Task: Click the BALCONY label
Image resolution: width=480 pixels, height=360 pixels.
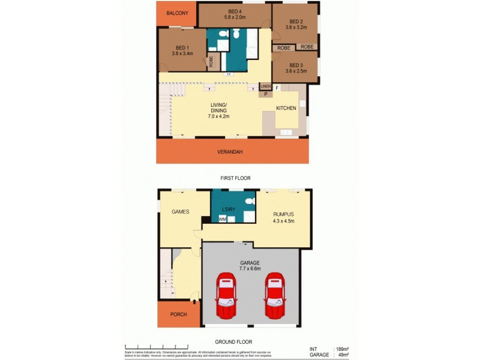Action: [x=177, y=13]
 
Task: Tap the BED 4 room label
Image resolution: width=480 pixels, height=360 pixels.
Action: [x=235, y=11]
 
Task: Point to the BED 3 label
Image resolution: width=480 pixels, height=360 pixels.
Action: [x=295, y=65]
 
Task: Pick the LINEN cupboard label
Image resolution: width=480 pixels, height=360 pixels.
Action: [x=265, y=87]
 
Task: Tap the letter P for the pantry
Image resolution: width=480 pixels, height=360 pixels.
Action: [x=265, y=94]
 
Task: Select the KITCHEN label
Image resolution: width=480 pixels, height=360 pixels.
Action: [x=286, y=108]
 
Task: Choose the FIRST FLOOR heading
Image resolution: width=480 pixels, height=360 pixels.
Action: [x=235, y=178]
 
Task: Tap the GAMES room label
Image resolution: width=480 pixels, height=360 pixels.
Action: [x=181, y=211]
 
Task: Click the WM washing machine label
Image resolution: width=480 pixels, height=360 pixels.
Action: [x=222, y=220]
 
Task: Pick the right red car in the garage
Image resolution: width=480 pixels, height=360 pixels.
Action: [x=274, y=296]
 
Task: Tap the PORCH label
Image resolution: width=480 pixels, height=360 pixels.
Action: [x=178, y=314]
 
